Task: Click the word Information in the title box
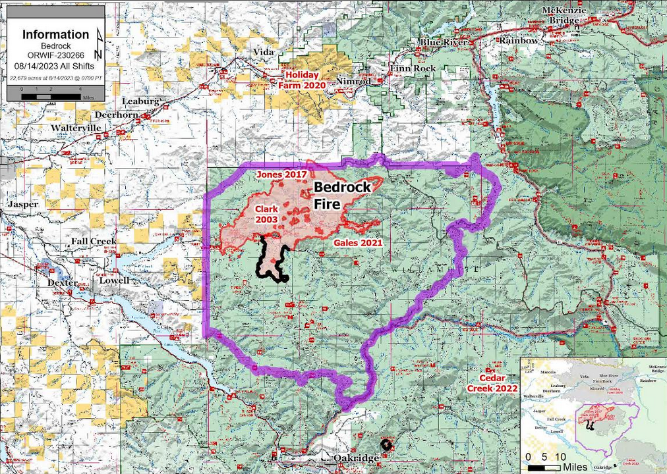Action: [x=55, y=34]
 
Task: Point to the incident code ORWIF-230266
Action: [x=55, y=56]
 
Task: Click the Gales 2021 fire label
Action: [x=355, y=243]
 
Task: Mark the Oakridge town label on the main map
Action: [x=355, y=458]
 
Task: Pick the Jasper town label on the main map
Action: [x=23, y=204]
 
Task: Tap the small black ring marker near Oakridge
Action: [x=386, y=444]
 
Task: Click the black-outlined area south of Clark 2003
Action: [x=270, y=263]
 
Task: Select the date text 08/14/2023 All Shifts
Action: [x=55, y=66]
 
